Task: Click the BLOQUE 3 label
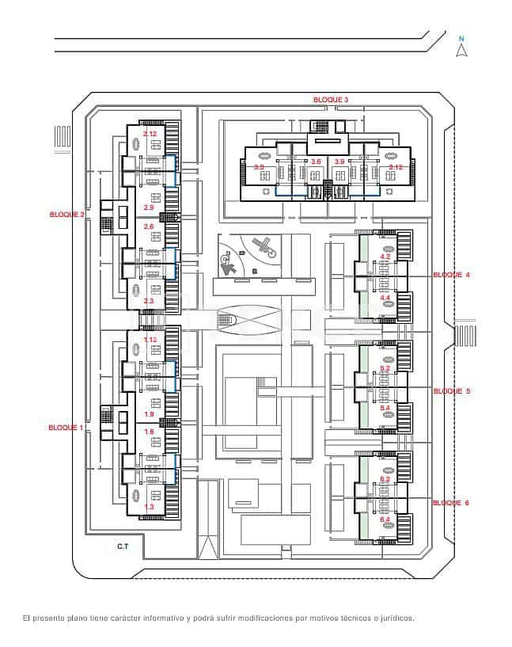(x=330, y=99)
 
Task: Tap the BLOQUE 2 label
(x=67, y=214)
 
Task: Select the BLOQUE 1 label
(x=66, y=426)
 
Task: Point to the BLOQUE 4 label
(x=451, y=274)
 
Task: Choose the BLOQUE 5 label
(x=451, y=391)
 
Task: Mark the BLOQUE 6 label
(x=451, y=502)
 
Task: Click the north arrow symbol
(x=462, y=49)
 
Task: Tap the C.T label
(x=123, y=546)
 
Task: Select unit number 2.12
(x=150, y=134)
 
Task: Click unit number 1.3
(x=149, y=506)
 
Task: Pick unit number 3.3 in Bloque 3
(x=259, y=167)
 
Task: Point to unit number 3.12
(x=396, y=167)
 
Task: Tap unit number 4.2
(x=385, y=257)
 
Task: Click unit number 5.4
(x=385, y=407)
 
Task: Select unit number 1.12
(x=150, y=340)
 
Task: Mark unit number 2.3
(x=149, y=301)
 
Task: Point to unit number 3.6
(x=316, y=162)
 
